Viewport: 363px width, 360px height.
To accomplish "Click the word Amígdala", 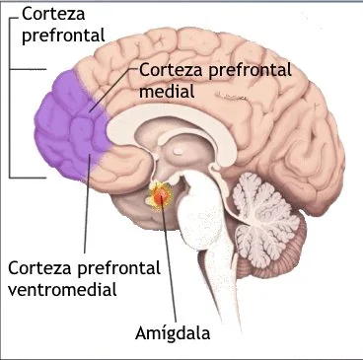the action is pos(173,333).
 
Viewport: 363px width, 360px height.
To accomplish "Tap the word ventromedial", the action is pos(62,290).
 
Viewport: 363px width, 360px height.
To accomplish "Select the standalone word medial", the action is pos(167,90).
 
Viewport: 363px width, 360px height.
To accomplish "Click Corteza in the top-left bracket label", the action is pos(53,14).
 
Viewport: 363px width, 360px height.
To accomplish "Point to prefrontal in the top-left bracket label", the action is pos(63,36).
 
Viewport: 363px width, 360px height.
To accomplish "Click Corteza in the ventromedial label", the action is pos(39,268).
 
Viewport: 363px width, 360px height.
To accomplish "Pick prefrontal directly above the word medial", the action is pos(250,71).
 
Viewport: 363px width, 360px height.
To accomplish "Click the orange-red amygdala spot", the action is pos(160,196).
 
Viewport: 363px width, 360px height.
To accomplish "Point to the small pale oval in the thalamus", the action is pos(179,151).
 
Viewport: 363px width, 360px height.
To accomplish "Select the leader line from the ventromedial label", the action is pos(87,203).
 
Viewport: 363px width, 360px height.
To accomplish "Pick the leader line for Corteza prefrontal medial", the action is pos(112,90).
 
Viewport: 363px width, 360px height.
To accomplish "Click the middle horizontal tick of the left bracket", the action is pos(28,69).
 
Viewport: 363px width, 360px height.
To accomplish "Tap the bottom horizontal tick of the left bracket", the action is pos(28,178).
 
